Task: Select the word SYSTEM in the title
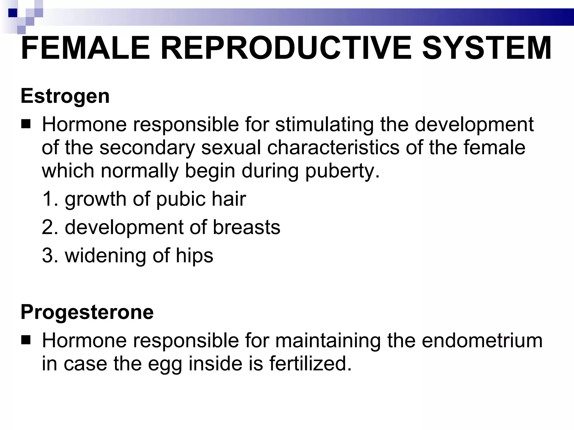(487, 48)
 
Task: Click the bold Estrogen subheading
(65, 96)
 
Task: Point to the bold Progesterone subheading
(87, 312)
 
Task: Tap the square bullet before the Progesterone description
(26, 341)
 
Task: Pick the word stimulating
(324, 125)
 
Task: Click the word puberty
(342, 171)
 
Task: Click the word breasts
(246, 227)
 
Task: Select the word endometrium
(482, 341)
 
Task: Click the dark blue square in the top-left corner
(13, 13)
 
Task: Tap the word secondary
(147, 148)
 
